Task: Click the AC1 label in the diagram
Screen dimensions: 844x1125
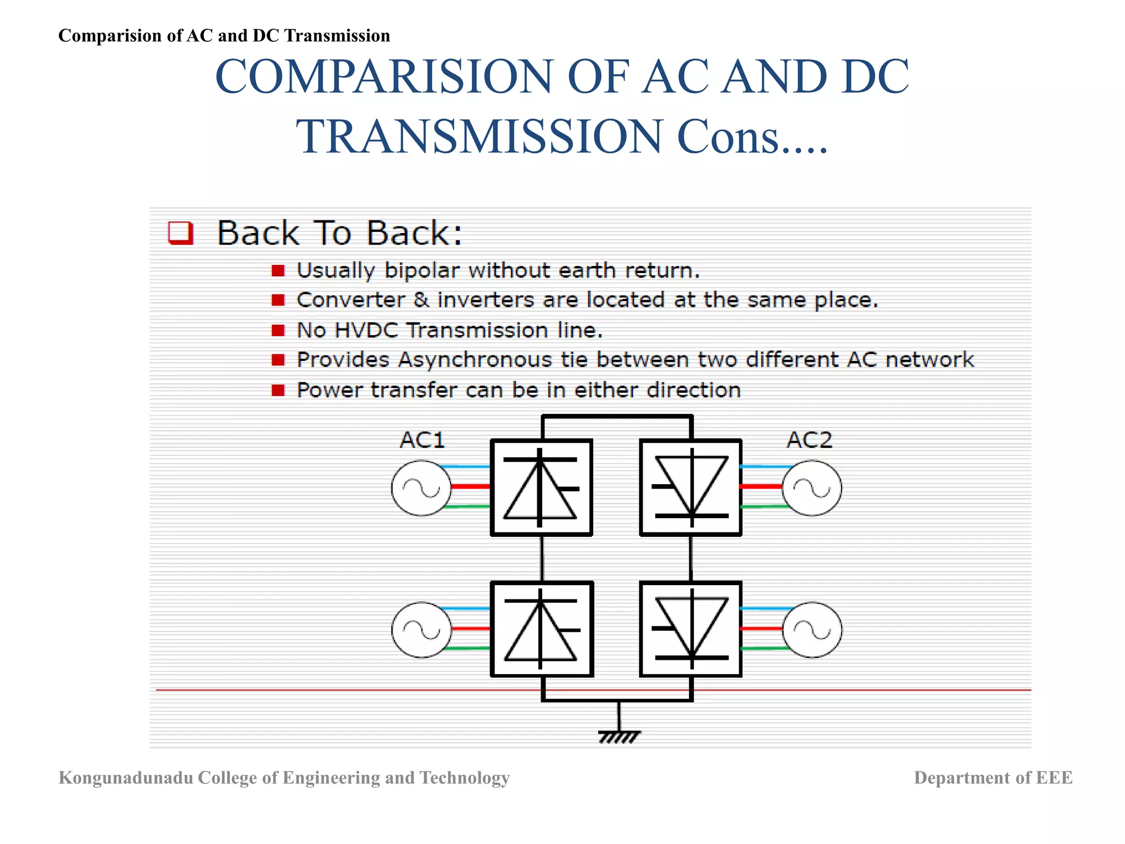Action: click(422, 440)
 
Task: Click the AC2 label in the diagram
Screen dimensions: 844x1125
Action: click(809, 440)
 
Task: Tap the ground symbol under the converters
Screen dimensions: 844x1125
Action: click(619, 736)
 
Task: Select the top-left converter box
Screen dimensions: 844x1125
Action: click(542, 487)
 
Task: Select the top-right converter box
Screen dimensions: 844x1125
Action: click(690, 487)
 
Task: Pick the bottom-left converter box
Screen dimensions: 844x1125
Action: click(542, 629)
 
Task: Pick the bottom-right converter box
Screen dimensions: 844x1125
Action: click(690, 629)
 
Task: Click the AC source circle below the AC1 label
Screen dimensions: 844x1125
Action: click(421, 488)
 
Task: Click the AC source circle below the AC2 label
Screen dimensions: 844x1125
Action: click(812, 488)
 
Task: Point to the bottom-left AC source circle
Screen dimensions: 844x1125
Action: click(421, 630)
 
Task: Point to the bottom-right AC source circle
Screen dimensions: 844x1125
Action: click(812, 630)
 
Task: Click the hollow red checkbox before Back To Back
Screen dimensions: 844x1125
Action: click(181, 232)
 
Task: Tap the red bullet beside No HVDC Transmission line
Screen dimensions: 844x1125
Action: click(279, 330)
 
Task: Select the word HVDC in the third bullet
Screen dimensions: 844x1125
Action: click(366, 330)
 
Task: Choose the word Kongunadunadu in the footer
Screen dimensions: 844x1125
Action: click(126, 778)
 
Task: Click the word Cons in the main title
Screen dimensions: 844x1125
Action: click(727, 136)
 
